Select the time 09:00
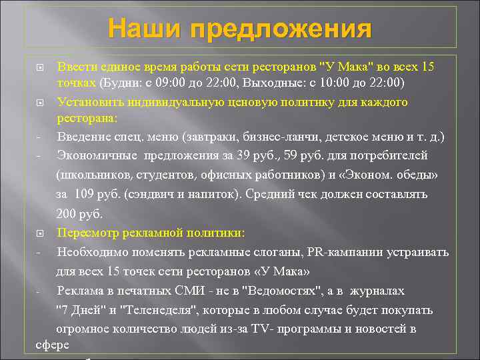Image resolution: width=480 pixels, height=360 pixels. (x=172, y=83)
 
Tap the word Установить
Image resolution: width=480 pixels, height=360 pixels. (x=89, y=102)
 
